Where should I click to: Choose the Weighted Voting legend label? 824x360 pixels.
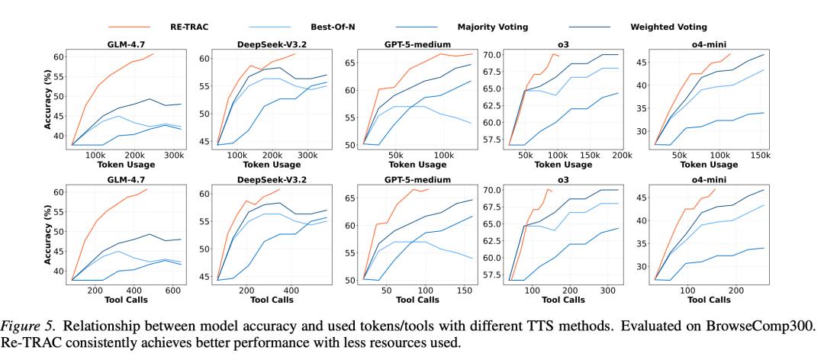point(669,27)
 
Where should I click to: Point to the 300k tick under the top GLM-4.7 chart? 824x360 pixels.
point(172,155)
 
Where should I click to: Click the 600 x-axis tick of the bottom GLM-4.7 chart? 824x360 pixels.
point(172,291)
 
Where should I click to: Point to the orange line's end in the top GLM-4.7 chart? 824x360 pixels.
point(153,54)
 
